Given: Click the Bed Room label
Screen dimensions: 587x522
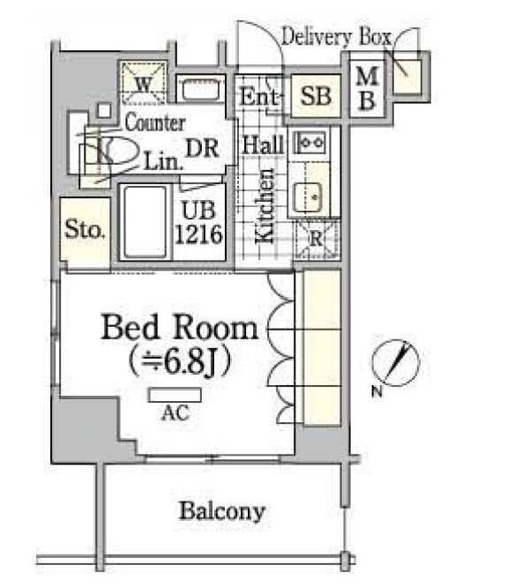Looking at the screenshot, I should point(180,328).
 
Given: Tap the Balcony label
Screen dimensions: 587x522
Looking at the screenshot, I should point(222,510).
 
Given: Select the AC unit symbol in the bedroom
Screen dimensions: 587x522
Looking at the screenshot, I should point(168,395).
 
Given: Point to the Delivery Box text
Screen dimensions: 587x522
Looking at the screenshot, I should point(338,37).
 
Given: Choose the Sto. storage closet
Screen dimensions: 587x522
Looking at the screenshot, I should point(86,232).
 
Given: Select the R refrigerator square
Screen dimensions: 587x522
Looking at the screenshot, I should point(315,237).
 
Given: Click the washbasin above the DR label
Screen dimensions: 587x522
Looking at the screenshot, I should point(202,88).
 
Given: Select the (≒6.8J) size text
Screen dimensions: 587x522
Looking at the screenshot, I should point(180,361).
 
